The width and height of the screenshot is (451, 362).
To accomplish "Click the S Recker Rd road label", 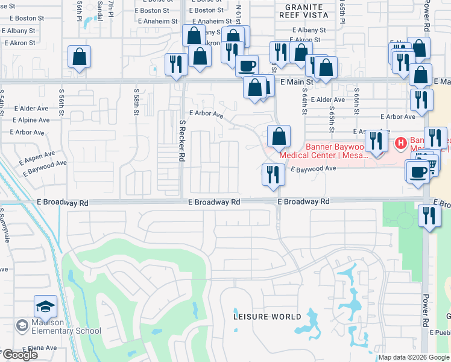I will coord(181,141).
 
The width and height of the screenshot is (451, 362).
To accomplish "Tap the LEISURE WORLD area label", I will coord(268,317).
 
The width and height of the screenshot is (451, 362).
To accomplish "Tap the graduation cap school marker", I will coord(45,308).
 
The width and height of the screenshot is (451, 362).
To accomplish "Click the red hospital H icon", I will coord(399,143).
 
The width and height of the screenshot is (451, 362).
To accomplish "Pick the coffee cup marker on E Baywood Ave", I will coord(418,173).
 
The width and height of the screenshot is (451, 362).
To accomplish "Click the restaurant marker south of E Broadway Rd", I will coord(429,216).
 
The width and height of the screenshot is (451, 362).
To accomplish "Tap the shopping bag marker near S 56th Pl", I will coord(79,58).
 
